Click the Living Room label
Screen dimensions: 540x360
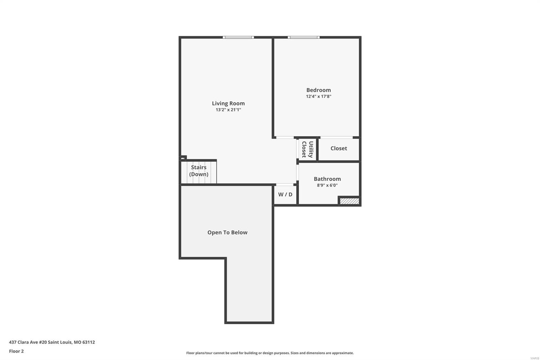(x=228, y=103)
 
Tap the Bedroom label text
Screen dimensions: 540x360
(x=319, y=90)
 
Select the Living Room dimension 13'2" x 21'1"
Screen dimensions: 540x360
(x=228, y=110)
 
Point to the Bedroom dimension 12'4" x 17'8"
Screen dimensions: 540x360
(x=319, y=97)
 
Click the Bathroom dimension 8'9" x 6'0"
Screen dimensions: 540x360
(x=327, y=185)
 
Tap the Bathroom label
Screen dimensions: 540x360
(x=327, y=179)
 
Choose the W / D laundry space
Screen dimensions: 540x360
(x=285, y=195)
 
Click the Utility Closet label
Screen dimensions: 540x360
(x=307, y=149)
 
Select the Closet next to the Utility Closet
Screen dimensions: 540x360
(x=339, y=148)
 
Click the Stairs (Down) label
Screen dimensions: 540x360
(x=199, y=171)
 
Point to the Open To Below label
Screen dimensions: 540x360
(x=227, y=232)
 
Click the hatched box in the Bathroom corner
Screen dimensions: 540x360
(x=349, y=201)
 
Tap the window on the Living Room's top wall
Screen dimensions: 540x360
(x=238, y=37)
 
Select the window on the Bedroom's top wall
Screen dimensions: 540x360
(x=303, y=37)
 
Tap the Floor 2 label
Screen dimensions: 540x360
(x=17, y=351)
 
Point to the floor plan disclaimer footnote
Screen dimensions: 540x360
(x=270, y=353)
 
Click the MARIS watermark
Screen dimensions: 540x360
(x=535, y=358)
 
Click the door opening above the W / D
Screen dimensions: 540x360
(x=285, y=185)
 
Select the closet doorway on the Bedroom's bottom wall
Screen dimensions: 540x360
(x=336, y=137)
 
